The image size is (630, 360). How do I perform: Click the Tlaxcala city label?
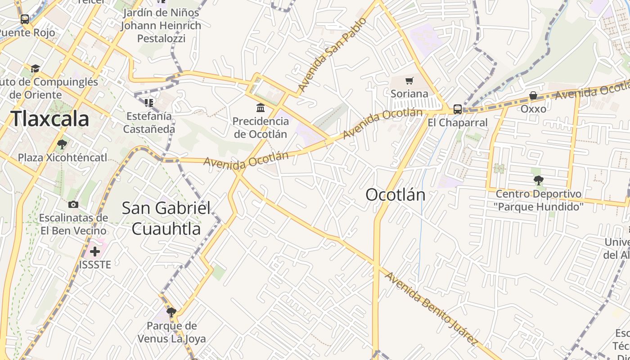(49, 119)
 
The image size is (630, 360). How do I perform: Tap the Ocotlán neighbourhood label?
(395, 195)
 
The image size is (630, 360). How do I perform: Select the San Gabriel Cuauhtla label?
(166, 218)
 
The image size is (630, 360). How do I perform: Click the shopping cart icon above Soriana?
(409, 81)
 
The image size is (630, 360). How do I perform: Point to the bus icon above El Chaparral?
(457, 109)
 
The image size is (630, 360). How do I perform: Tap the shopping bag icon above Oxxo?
(533, 95)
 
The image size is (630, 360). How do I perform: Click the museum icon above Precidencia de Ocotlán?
(261, 108)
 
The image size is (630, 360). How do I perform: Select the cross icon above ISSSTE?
(95, 251)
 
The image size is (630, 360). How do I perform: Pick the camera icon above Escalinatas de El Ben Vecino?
(73, 205)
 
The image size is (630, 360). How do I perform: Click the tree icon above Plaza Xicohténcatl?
(62, 144)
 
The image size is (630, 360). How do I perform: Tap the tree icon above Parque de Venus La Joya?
(171, 312)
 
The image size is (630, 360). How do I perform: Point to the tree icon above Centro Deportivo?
(538, 181)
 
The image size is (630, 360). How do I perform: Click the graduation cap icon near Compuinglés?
(35, 68)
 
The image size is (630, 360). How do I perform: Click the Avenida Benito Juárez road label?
(431, 308)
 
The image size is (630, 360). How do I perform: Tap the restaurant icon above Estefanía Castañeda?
(148, 103)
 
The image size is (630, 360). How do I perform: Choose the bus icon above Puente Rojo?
(25, 19)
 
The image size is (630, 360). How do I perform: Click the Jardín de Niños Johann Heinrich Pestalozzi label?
(161, 26)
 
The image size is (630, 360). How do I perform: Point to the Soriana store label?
(409, 94)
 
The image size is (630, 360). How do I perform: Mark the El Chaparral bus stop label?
(457, 122)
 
